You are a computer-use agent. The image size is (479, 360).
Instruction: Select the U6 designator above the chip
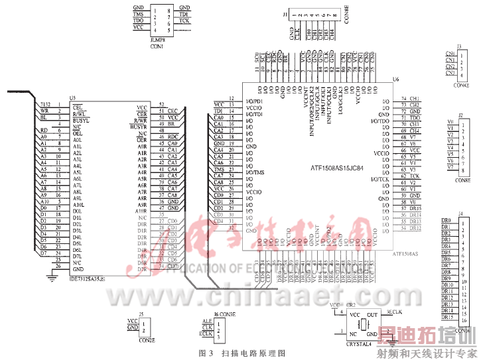[x=396, y=78]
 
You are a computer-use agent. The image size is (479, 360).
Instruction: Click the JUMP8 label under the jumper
[x=157, y=40]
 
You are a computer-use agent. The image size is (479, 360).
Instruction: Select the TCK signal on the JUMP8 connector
[x=184, y=21]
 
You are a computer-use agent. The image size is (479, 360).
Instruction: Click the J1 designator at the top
[x=285, y=13]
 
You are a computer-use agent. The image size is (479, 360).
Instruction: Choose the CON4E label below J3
[x=460, y=85]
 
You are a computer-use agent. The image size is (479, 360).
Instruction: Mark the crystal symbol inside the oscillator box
[x=364, y=325]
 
